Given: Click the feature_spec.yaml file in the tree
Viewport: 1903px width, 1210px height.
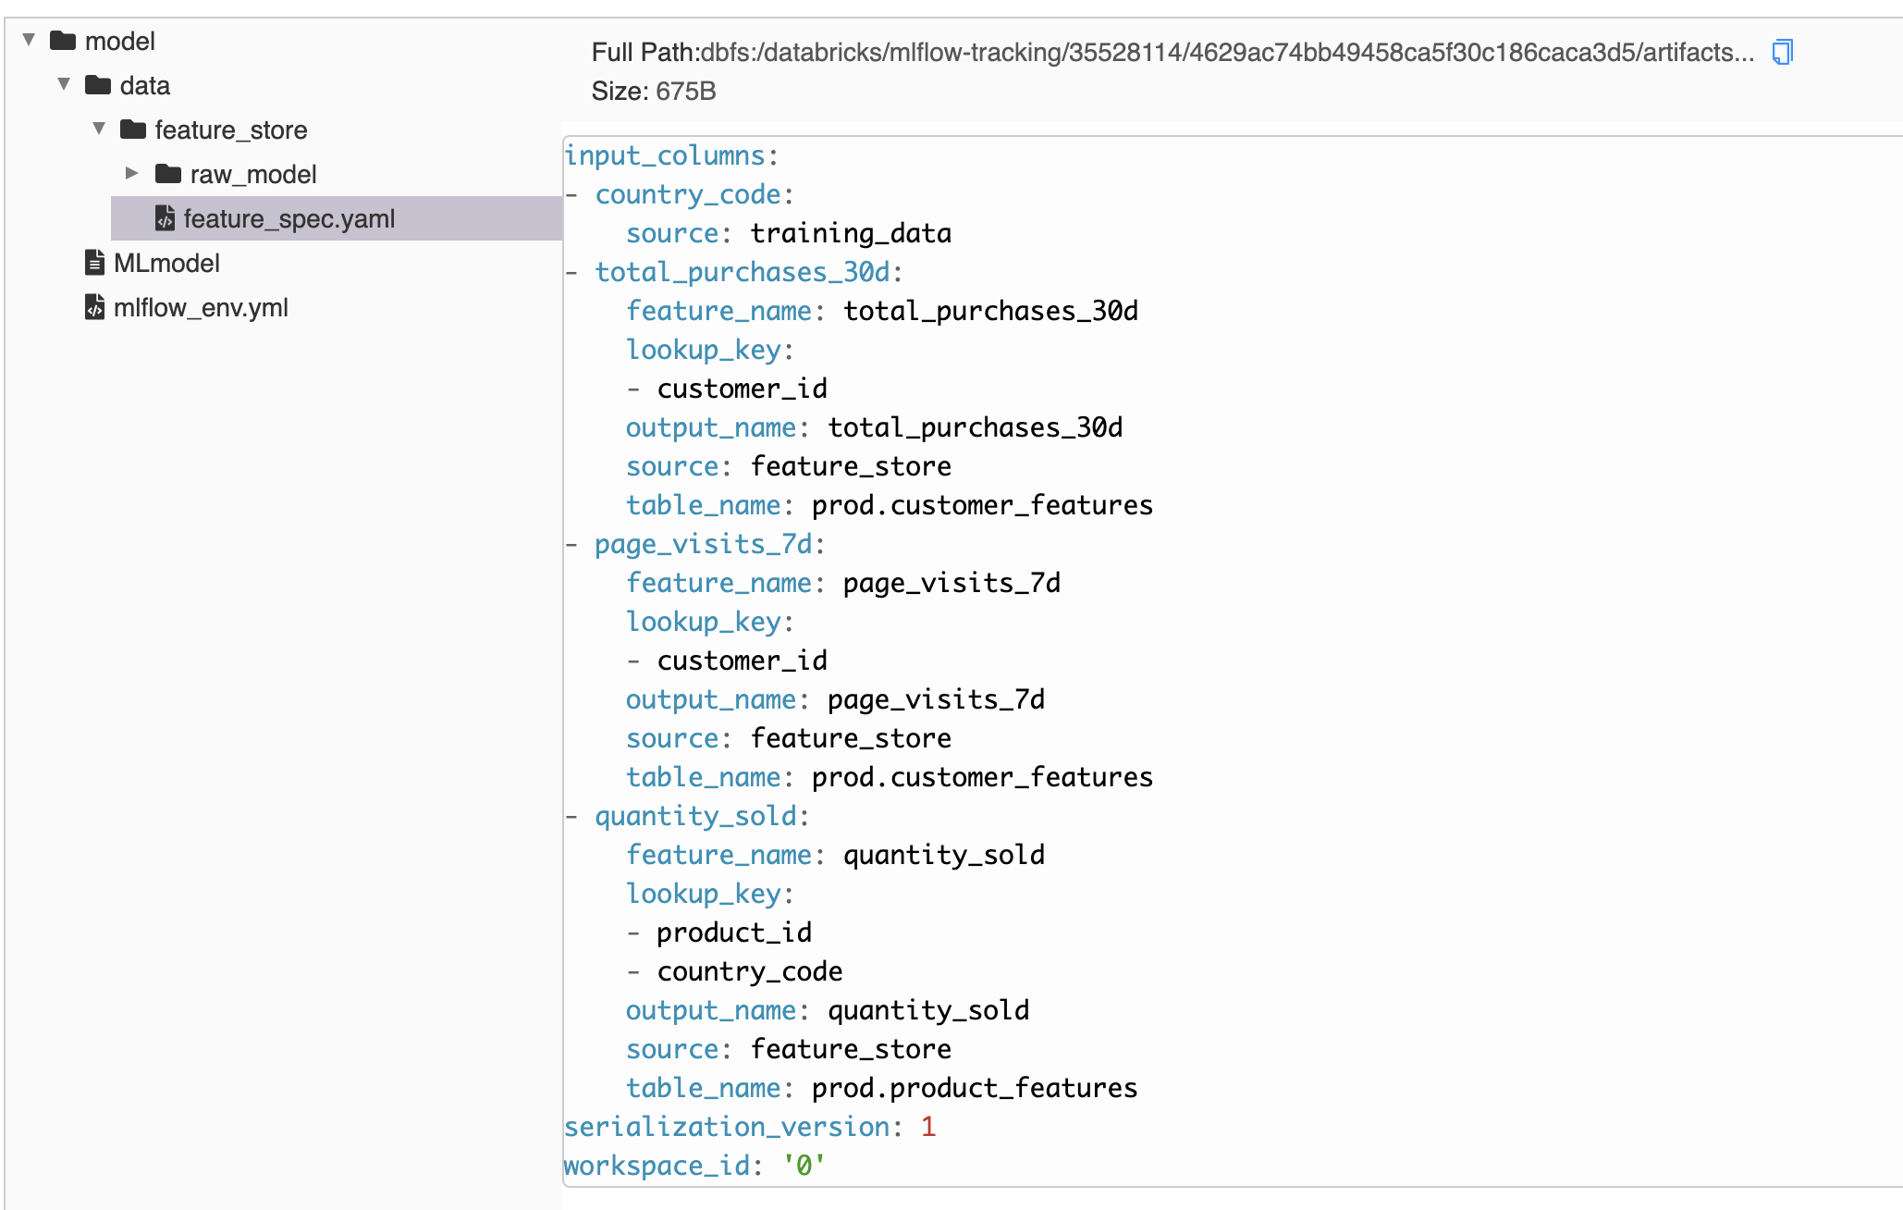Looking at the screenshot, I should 289,219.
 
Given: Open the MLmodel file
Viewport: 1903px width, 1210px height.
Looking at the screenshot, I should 166,264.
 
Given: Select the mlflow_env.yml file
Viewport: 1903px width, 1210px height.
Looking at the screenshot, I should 200,308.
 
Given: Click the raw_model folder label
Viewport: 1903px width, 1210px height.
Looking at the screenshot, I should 253,175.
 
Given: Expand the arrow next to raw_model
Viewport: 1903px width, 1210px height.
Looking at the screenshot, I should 132,173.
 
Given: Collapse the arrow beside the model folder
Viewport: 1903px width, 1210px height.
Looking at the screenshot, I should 30,40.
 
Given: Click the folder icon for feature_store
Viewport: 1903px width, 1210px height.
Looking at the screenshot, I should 133,130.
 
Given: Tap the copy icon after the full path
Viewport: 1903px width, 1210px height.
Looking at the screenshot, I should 1782,52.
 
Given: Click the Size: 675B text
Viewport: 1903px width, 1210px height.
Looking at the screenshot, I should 654,92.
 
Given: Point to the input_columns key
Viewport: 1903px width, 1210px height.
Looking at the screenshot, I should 665,155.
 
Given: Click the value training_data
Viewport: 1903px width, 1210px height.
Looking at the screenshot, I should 851,233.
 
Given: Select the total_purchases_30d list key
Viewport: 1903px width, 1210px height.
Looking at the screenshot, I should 743,272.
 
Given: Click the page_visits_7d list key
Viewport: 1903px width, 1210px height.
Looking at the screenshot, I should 704,544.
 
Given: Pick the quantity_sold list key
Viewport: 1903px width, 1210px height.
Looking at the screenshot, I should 695,816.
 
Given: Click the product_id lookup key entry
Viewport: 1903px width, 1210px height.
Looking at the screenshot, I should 734,932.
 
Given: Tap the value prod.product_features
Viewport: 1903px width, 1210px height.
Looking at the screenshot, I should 975,1088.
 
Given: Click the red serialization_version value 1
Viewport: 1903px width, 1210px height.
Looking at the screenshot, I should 928,1127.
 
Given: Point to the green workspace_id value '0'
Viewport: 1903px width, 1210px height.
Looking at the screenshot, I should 804,1166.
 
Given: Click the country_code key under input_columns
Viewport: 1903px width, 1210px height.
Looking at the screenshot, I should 688,194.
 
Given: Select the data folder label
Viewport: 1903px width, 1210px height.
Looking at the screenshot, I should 145,86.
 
